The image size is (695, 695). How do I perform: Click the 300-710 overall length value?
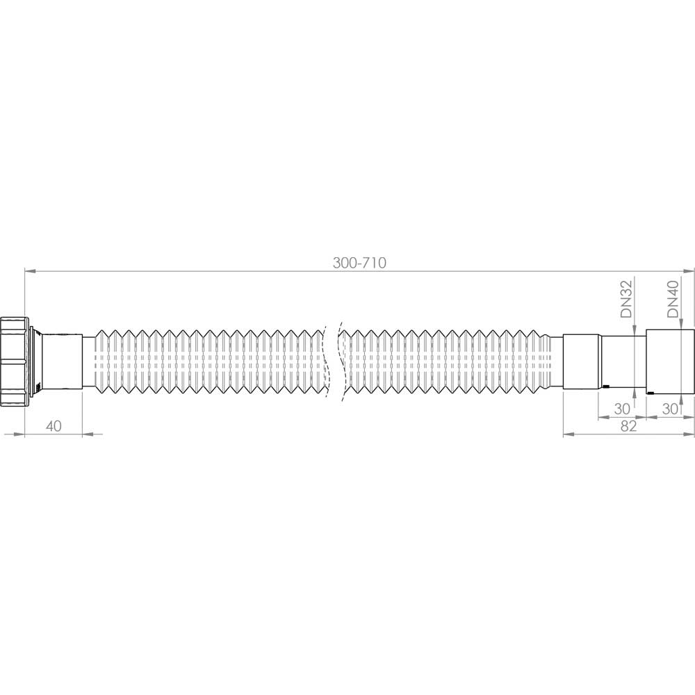pos(359,263)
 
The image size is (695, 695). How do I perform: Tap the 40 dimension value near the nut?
pos(54,426)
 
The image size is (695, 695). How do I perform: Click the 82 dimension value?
pos(628,426)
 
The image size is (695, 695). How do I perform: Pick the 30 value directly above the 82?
pos(622,409)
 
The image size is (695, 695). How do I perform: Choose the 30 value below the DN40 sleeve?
pos(670,409)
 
